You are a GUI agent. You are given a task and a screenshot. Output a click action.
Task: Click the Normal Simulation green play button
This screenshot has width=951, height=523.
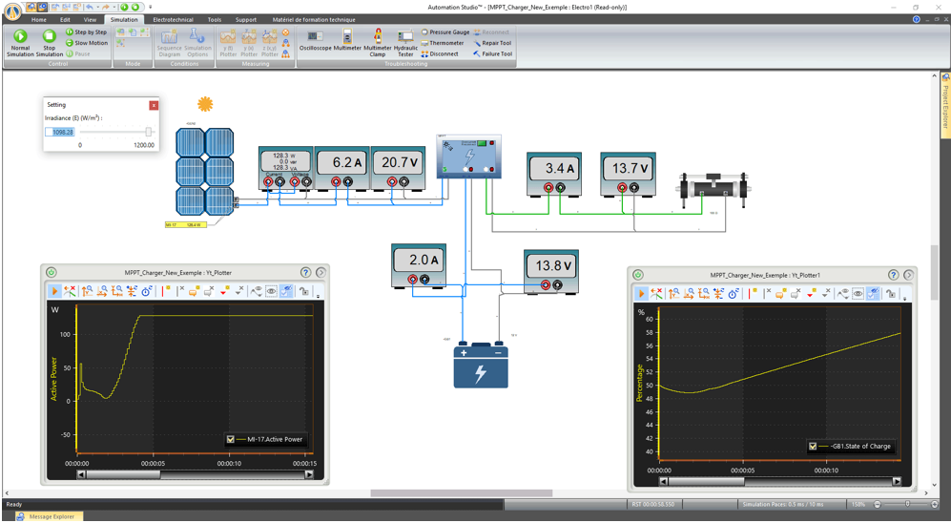pyautogui.click(x=20, y=36)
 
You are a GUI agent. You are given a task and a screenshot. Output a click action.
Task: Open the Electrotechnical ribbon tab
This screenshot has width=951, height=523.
pyautogui.click(x=174, y=19)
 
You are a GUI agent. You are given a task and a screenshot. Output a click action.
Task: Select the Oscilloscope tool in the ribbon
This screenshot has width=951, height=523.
pyautogui.click(x=315, y=37)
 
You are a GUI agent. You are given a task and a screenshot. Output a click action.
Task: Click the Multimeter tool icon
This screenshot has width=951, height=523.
pyautogui.click(x=347, y=37)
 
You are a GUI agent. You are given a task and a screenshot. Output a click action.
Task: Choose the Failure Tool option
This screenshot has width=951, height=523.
pyautogui.click(x=496, y=54)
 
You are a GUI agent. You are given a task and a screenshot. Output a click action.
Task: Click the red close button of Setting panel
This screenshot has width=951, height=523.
pyautogui.click(x=154, y=105)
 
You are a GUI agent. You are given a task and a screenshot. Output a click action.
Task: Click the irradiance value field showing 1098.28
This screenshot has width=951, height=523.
pyautogui.click(x=60, y=133)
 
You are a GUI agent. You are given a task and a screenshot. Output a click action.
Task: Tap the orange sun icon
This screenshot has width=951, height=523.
pyautogui.click(x=204, y=104)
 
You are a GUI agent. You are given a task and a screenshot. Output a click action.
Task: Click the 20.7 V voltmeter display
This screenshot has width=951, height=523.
pyautogui.click(x=398, y=162)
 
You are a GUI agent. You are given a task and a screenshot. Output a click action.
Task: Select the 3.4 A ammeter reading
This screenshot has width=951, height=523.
pyautogui.click(x=554, y=169)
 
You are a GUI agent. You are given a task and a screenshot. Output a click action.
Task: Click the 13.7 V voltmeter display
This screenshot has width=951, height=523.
pyautogui.click(x=628, y=169)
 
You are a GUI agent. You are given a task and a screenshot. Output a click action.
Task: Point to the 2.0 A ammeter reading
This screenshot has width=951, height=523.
pyautogui.click(x=419, y=260)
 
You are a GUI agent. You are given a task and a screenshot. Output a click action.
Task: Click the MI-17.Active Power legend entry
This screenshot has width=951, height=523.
pyautogui.click(x=275, y=440)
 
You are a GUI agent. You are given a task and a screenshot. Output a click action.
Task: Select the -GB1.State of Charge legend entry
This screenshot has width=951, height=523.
pyautogui.click(x=858, y=446)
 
